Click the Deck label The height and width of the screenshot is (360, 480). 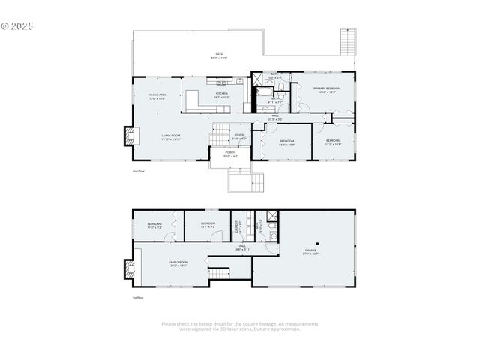click(220, 55)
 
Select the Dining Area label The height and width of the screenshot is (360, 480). click(157, 95)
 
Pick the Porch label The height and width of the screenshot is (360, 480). click(230, 154)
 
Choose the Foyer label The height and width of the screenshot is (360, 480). click(238, 137)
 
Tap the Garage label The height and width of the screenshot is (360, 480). click(310, 252)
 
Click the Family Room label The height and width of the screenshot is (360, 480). click(178, 263)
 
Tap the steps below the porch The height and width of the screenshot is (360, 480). click(248, 181)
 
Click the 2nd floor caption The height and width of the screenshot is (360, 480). click(138, 172)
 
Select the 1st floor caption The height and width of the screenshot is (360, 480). click(138, 298)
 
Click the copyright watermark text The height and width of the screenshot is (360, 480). click(18, 25)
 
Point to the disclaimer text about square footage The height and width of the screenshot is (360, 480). click(240, 326)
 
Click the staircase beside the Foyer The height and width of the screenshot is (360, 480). click(219, 136)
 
